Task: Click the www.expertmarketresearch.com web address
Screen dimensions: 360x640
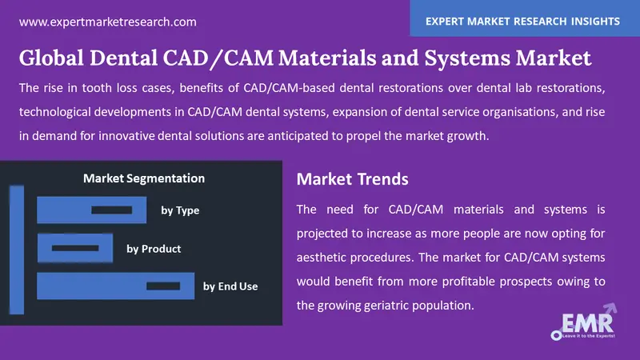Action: [107, 22]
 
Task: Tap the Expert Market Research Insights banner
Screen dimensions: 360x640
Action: [525, 21]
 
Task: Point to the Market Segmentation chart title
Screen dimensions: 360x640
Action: [144, 178]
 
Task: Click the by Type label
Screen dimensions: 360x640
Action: [180, 210]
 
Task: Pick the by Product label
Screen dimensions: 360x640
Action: [154, 249]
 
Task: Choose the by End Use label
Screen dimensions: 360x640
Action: [230, 286]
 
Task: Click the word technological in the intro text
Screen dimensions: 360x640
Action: [67, 112]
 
